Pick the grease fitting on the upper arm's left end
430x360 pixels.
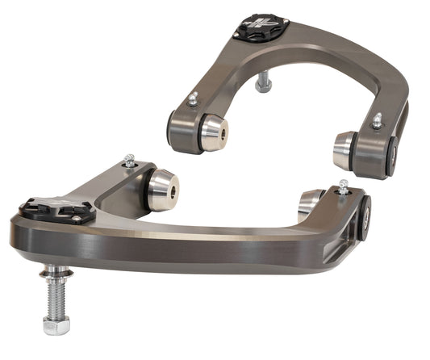point(194,99)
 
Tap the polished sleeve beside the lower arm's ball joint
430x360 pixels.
point(163,188)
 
